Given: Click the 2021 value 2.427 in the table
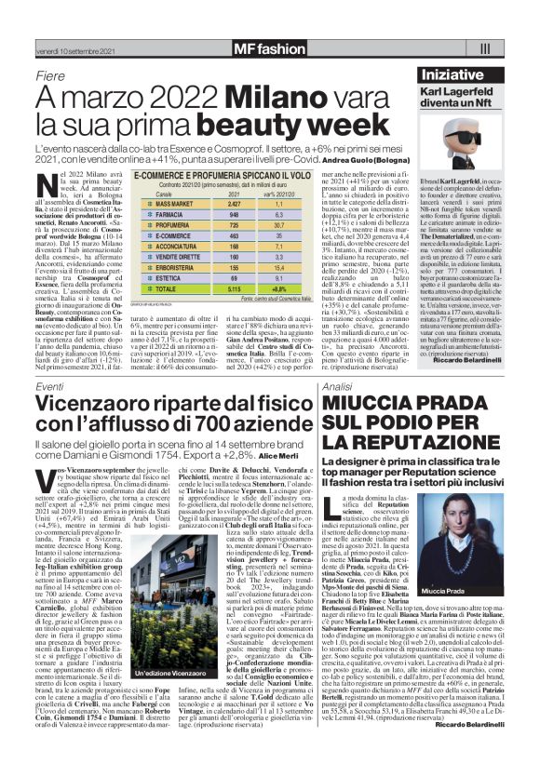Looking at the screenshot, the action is (x=234, y=201).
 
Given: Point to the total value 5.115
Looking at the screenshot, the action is (x=234, y=289).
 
